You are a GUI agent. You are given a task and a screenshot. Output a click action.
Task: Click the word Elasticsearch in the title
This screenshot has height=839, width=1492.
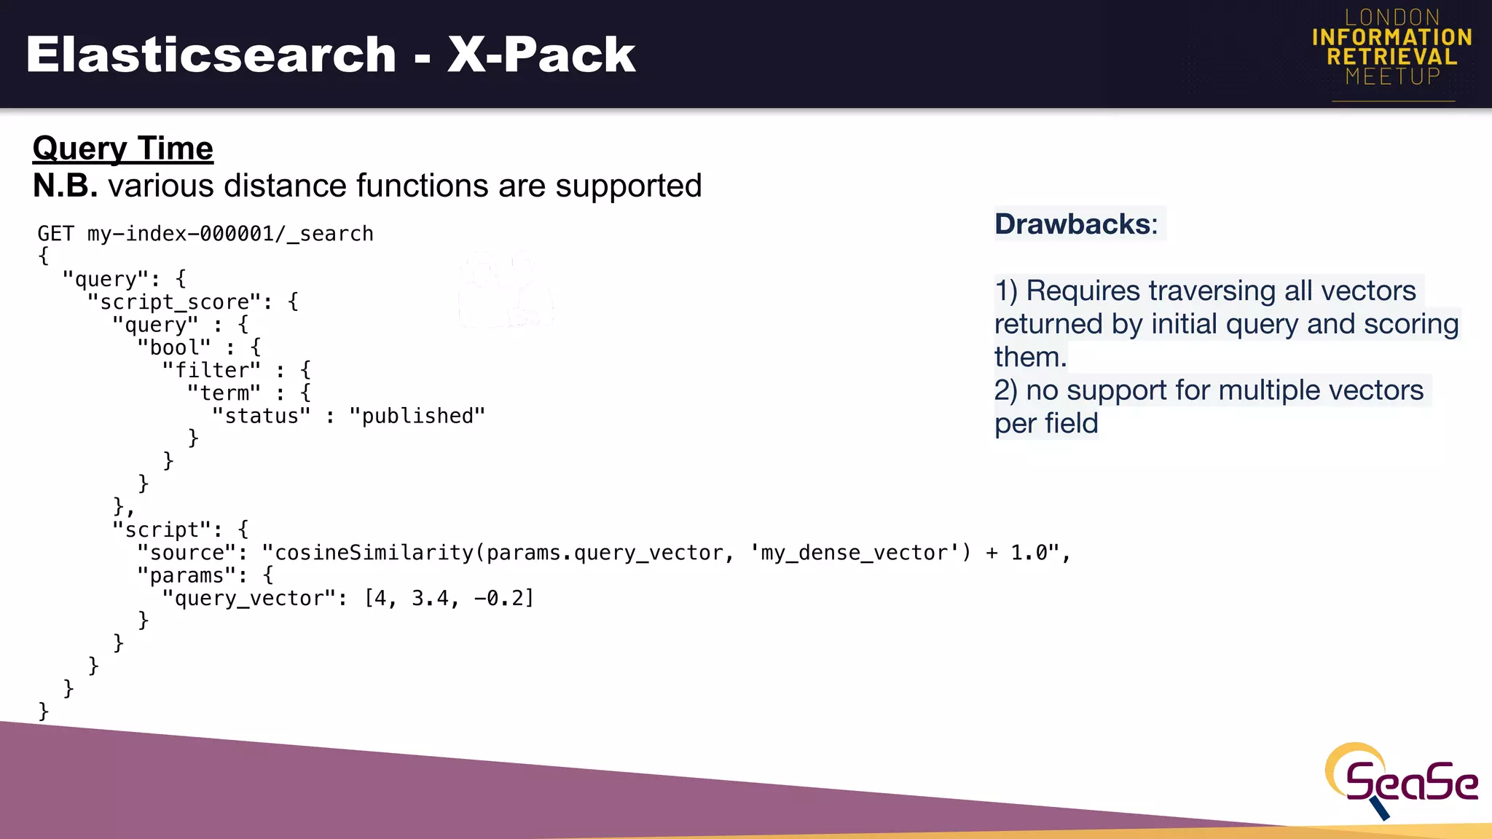point(211,55)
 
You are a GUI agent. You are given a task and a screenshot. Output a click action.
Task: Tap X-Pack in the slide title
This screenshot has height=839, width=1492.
point(541,55)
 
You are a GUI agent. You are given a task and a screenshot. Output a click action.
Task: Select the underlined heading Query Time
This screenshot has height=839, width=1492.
point(122,149)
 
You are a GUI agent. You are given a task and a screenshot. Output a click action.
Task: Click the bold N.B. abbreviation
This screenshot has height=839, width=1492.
point(65,186)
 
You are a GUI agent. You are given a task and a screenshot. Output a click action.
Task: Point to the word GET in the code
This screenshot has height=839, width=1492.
point(55,234)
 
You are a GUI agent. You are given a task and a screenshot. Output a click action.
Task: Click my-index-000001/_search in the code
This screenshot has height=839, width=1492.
point(230,234)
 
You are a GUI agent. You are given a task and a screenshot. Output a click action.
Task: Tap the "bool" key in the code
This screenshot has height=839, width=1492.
point(173,348)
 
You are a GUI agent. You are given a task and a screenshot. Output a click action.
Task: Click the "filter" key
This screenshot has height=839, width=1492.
point(211,371)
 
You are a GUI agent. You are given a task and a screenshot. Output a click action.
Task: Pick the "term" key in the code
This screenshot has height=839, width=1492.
point(223,393)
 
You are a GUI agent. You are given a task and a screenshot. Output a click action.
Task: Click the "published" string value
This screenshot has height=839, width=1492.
point(417,416)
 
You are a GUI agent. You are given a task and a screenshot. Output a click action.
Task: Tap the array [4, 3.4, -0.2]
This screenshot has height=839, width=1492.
point(449,599)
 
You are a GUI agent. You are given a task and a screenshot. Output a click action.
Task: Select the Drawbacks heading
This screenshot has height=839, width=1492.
point(1075,224)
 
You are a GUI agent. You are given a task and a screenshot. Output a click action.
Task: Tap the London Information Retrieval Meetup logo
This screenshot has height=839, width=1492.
point(1391,48)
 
